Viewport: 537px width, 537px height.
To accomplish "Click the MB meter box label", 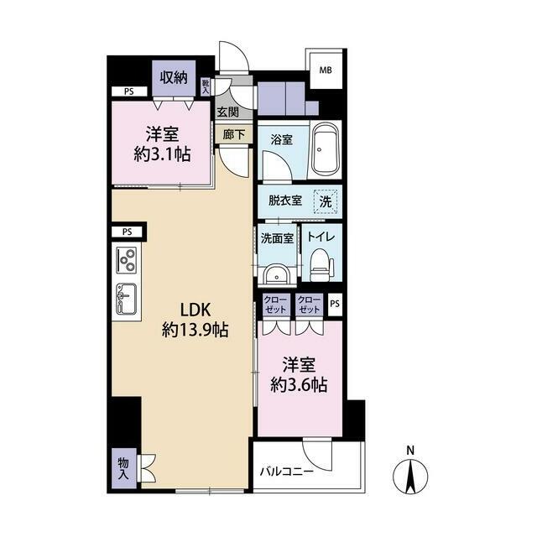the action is [x=326, y=70].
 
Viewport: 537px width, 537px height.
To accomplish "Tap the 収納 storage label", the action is [x=174, y=77].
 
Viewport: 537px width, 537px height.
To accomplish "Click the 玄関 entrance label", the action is [x=227, y=112].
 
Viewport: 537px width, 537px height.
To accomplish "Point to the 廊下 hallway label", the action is [x=234, y=135].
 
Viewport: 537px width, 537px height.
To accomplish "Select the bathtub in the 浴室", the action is [x=326, y=149].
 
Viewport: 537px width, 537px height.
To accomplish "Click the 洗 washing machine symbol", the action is [x=326, y=201].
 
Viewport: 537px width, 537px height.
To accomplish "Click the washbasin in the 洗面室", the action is [x=277, y=274].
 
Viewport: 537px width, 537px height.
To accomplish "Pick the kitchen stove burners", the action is [x=127, y=260].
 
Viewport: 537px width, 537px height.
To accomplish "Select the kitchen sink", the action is [x=127, y=299].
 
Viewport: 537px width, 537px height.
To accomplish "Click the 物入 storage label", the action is [x=123, y=468].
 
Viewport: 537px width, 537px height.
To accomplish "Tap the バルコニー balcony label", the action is [x=287, y=472].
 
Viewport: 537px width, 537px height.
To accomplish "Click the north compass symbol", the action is [x=410, y=474].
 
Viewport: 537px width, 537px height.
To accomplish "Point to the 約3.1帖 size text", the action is [x=162, y=155].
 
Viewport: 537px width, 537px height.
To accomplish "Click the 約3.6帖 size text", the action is [x=299, y=386].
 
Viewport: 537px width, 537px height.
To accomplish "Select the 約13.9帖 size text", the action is [x=196, y=331].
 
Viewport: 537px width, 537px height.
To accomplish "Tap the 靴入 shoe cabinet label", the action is [x=206, y=87].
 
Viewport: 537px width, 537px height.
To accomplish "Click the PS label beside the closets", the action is [x=335, y=304].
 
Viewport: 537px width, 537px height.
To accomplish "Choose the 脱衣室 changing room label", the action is [x=285, y=201].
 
